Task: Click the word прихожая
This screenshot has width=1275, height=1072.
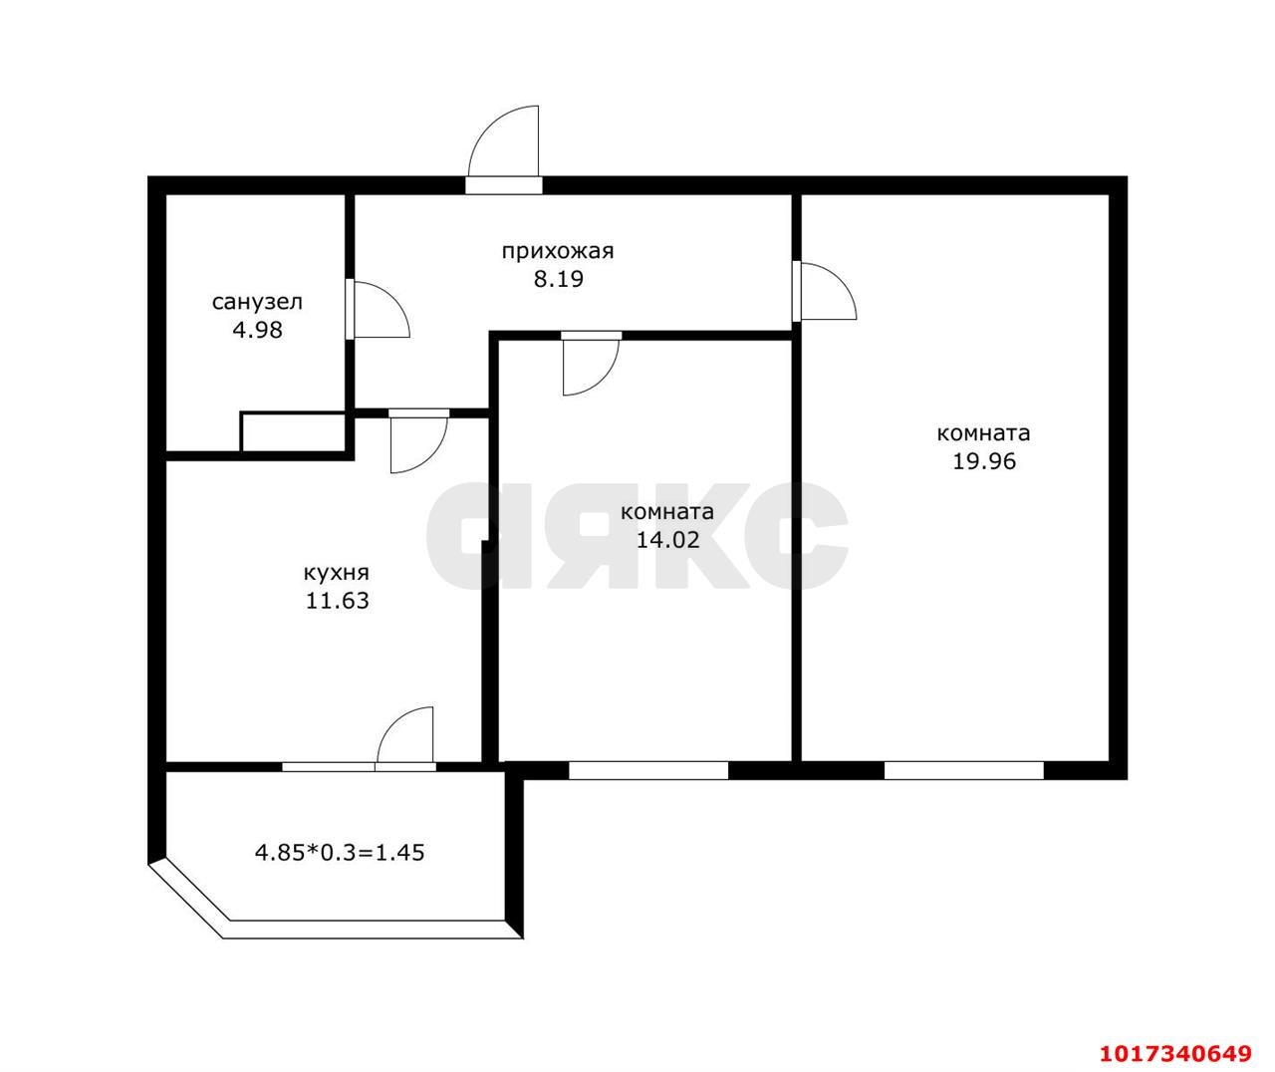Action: click(x=558, y=252)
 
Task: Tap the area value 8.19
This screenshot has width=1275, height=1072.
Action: click(x=558, y=279)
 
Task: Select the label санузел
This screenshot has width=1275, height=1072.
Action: click(x=257, y=302)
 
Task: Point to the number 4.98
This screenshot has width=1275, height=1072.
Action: click(x=257, y=330)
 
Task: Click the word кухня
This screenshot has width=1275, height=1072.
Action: click(x=337, y=573)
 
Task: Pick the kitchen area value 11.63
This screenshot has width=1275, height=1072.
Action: click(x=337, y=601)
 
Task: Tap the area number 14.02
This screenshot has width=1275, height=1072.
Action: click(x=667, y=539)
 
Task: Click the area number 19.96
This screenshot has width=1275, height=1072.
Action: click(x=984, y=461)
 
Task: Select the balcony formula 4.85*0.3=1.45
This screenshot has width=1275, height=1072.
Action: click(x=340, y=852)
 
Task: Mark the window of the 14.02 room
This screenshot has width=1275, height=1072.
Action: click(x=648, y=770)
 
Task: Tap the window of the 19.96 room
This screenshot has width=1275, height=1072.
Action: click(x=963, y=770)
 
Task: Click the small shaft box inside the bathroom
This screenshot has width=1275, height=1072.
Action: click(x=293, y=432)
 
